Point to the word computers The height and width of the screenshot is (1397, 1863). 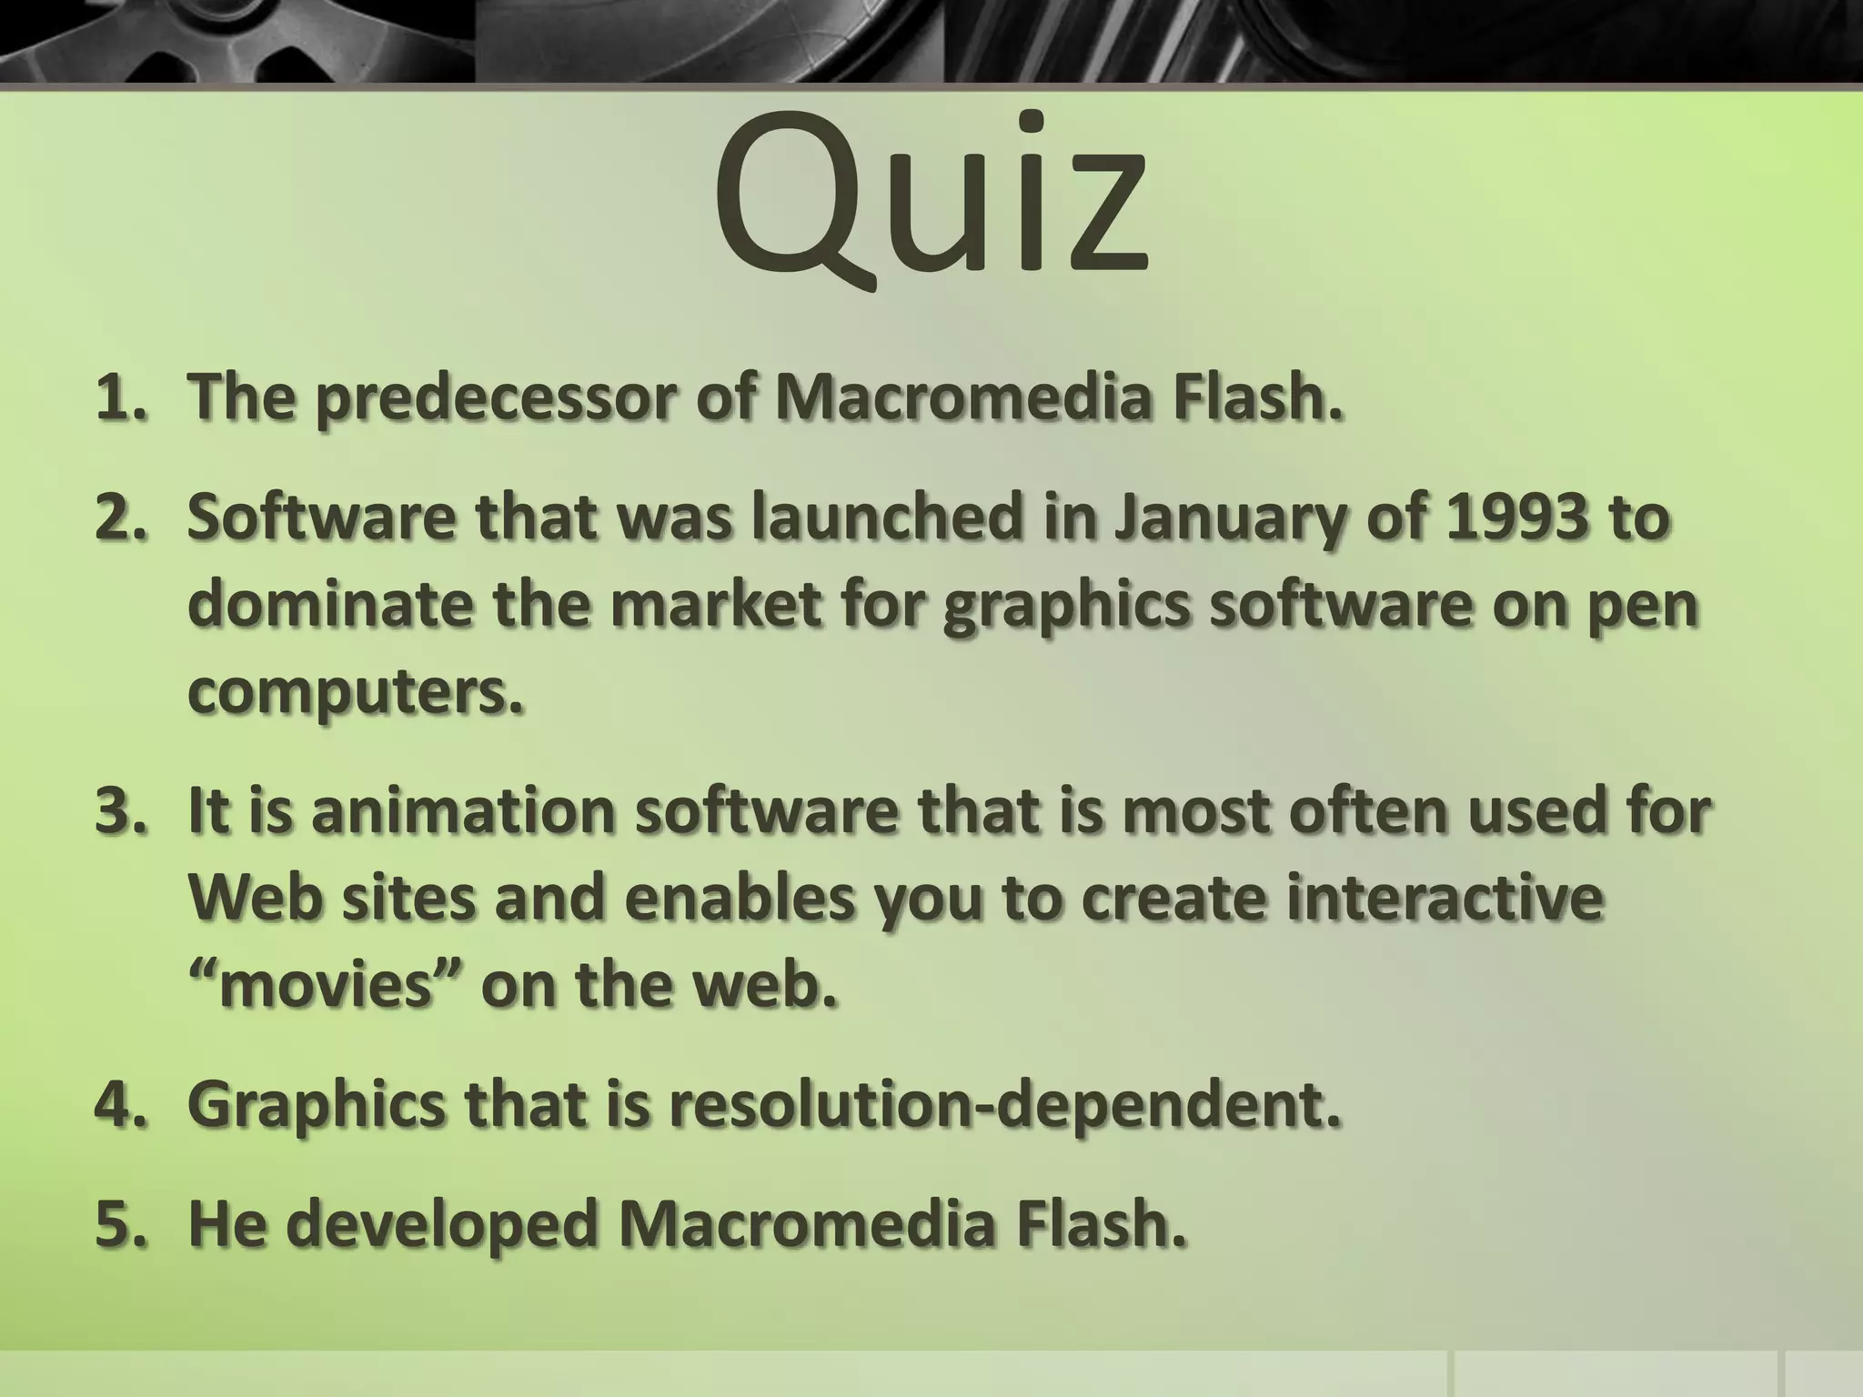(x=355, y=694)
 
